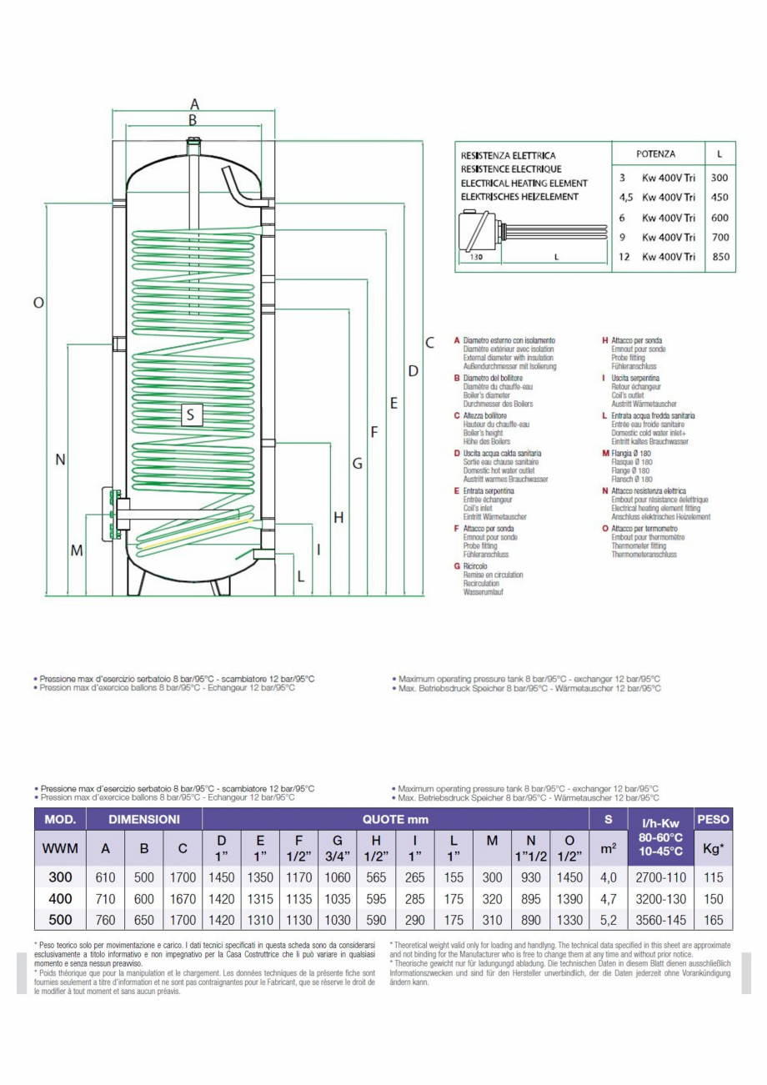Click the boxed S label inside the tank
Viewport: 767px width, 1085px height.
[190, 414]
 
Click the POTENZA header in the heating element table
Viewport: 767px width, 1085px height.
[655, 154]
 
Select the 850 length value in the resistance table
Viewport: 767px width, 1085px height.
[720, 257]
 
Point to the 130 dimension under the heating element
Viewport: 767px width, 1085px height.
[475, 257]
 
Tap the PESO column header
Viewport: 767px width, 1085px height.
[713, 820]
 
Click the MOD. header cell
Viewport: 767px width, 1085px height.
[60, 820]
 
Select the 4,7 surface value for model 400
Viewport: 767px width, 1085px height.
[609, 899]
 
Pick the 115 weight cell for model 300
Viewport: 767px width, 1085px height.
[713, 877]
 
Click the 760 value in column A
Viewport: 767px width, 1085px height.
[106, 921]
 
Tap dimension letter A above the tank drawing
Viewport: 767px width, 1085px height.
[194, 105]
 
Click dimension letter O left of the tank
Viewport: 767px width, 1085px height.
[38, 304]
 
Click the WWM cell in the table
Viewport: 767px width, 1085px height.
[60, 848]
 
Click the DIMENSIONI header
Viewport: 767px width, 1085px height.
[144, 820]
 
